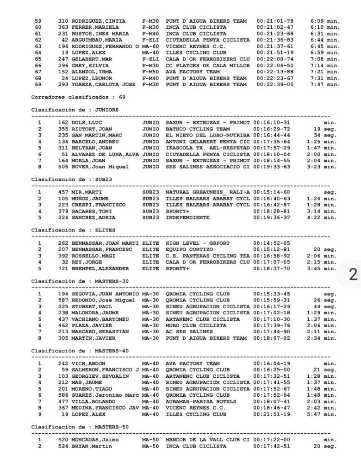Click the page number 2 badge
click(x=353, y=274)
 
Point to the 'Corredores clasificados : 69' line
click(x=78, y=97)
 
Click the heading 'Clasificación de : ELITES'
click(x=73, y=230)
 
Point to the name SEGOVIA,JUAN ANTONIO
click(x=105, y=293)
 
